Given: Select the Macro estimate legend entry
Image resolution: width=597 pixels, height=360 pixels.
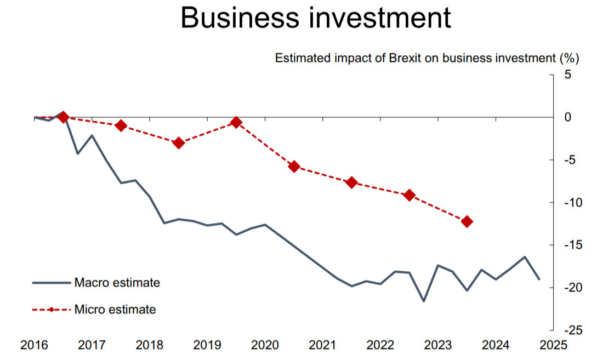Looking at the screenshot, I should click(x=117, y=283).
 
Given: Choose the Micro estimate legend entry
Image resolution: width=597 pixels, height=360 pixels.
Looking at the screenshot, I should click(x=115, y=310).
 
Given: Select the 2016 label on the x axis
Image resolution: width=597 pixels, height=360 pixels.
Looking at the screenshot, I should click(x=33, y=345).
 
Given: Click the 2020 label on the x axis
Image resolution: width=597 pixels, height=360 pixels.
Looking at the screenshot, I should click(x=265, y=345).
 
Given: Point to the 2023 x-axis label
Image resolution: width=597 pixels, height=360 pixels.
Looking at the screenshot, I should click(x=438, y=345).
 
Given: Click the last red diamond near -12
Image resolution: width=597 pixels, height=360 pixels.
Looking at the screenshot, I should click(x=467, y=221).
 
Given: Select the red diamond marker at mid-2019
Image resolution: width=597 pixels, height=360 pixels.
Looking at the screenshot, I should click(x=236, y=122).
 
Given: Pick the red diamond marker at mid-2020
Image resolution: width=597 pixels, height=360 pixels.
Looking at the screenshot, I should click(x=294, y=167).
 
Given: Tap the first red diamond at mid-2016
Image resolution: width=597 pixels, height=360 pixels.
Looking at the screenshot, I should click(x=63, y=117).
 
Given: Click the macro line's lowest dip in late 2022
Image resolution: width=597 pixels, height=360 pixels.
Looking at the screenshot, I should click(x=424, y=301).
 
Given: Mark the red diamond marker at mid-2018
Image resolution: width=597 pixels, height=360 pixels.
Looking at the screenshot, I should click(x=178, y=143).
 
